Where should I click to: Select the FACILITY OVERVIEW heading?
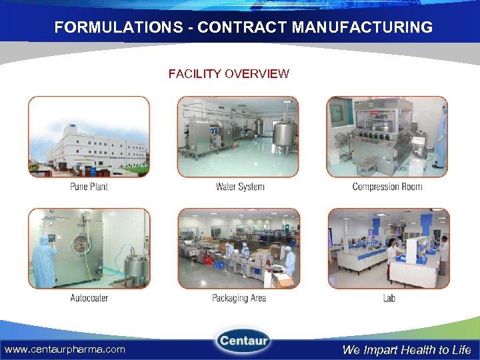(229, 74)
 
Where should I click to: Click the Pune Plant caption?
(89, 187)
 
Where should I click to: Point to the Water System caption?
(240, 187)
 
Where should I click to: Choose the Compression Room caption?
(387, 187)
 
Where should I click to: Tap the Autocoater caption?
(89, 297)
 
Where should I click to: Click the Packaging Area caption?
(239, 297)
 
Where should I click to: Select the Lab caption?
(389, 297)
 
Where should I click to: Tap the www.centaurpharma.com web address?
(65, 349)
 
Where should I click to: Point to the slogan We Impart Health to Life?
(407, 349)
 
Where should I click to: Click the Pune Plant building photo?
(89, 137)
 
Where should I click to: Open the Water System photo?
(238, 137)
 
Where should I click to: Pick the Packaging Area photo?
(239, 248)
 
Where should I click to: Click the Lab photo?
(389, 248)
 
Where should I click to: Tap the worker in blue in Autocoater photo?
(45, 260)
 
